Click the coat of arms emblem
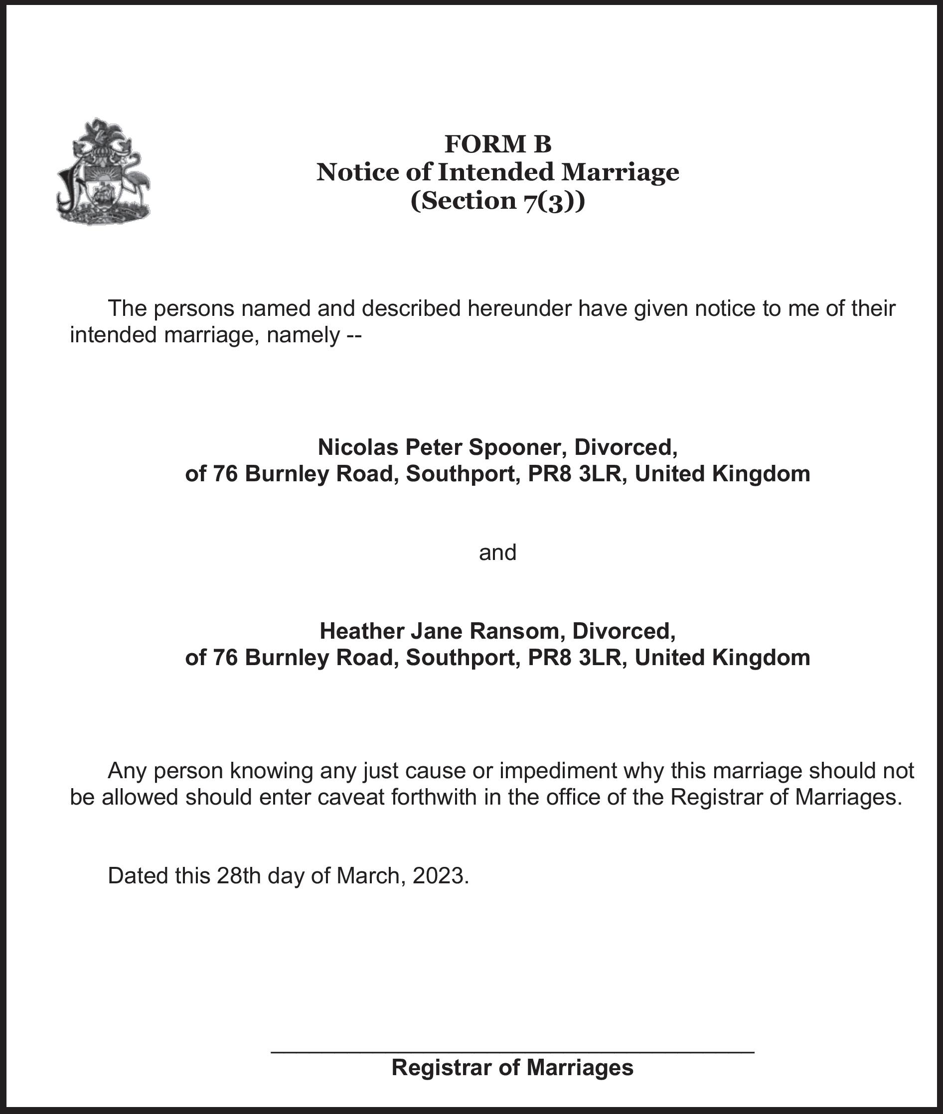103,171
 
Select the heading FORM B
498,143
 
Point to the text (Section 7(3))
498,201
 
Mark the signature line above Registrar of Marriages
512,1052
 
